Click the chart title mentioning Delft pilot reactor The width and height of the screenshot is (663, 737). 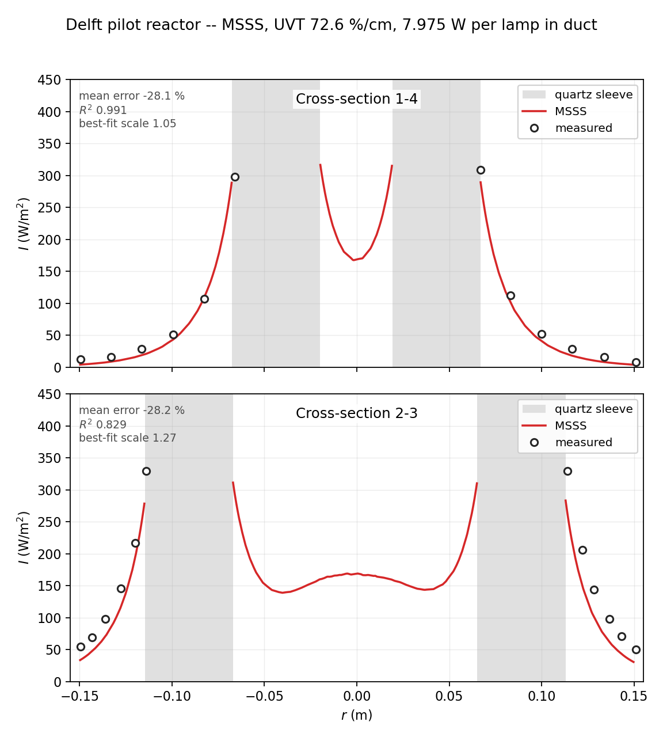click(x=331, y=25)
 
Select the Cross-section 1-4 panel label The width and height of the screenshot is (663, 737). click(x=357, y=99)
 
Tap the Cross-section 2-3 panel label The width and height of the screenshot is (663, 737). click(x=357, y=413)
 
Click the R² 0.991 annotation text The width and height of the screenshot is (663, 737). click(x=103, y=110)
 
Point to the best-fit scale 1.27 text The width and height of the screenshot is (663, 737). click(x=127, y=438)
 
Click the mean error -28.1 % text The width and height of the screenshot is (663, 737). click(x=132, y=96)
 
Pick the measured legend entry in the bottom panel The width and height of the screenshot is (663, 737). click(x=571, y=442)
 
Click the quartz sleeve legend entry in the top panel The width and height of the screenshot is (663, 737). click(x=577, y=94)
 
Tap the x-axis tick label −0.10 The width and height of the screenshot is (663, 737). click(x=172, y=696)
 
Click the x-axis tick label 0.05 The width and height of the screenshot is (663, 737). click(x=449, y=696)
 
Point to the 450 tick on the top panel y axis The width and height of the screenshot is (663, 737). click(x=49, y=79)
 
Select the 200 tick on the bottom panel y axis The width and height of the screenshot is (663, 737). click(x=49, y=554)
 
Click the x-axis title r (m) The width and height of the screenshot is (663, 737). click(x=357, y=715)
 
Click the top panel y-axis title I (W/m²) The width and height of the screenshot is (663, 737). click(x=23, y=224)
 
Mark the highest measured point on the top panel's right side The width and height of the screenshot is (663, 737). click(x=481, y=170)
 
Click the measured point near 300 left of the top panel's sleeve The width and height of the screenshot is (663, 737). click(x=235, y=177)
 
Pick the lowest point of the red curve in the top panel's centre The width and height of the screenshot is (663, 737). click(x=354, y=260)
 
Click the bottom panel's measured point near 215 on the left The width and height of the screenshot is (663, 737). click(x=136, y=544)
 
